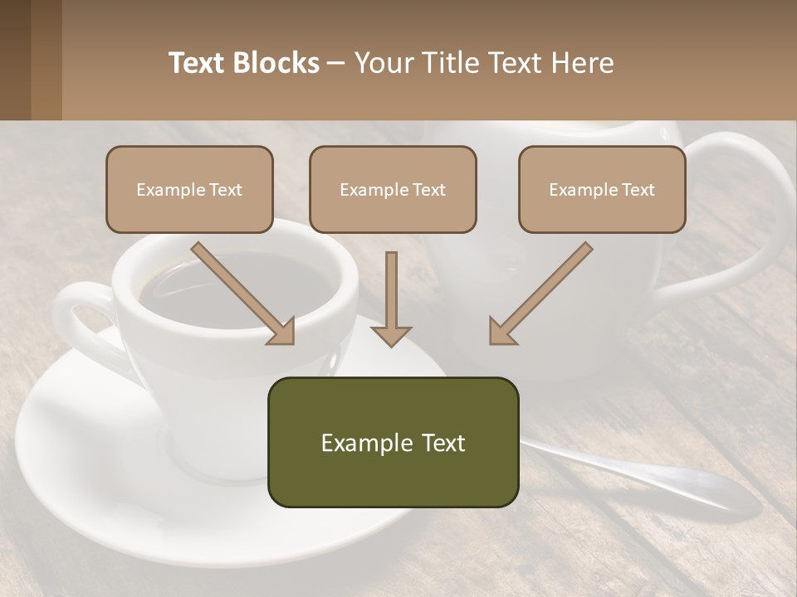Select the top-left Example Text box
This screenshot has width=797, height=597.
click(189, 189)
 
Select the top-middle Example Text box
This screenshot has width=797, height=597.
click(393, 189)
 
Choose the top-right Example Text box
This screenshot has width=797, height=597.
click(602, 189)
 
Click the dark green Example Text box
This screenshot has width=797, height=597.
click(393, 442)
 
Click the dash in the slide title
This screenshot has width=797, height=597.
click(336, 63)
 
